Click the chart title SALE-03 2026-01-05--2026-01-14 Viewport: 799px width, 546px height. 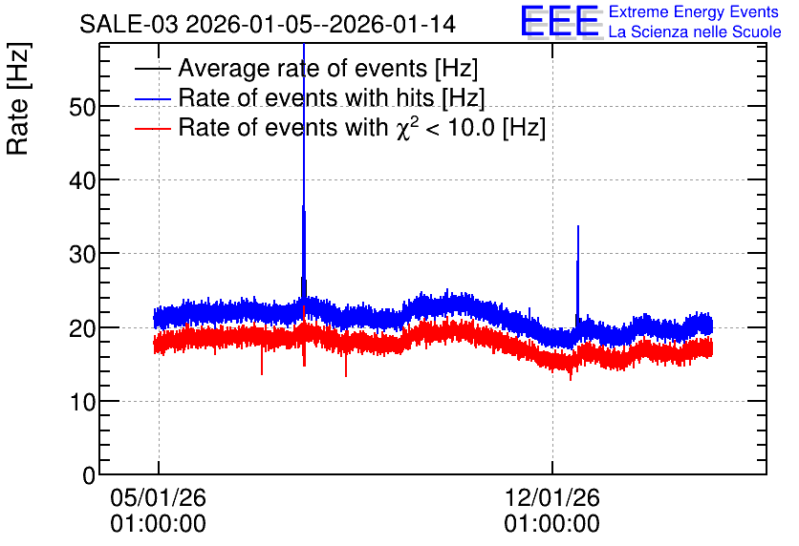coord(268,25)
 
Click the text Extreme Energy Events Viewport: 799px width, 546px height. coord(694,11)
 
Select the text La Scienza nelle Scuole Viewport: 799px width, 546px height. coord(695,31)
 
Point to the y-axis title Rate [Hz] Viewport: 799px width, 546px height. coord(18,98)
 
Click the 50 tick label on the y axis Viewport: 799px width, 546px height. coord(82,106)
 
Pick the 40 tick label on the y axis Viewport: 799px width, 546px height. coord(82,180)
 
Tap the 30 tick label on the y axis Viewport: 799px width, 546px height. coord(82,254)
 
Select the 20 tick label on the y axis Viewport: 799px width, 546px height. coord(82,328)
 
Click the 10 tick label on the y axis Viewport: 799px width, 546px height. coord(82,402)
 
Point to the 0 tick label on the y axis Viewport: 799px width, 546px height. coord(89,475)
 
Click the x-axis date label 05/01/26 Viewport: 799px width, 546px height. coord(158,497)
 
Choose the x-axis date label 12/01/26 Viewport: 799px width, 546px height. coord(552,497)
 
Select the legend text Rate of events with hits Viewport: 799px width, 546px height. coord(332,97)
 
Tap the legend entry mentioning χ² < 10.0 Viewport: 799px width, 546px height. coord(362,127)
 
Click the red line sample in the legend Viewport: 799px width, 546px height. coord(152,129)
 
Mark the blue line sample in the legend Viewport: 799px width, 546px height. coord(152,99)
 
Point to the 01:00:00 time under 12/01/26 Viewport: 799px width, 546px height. coord(552,524)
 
